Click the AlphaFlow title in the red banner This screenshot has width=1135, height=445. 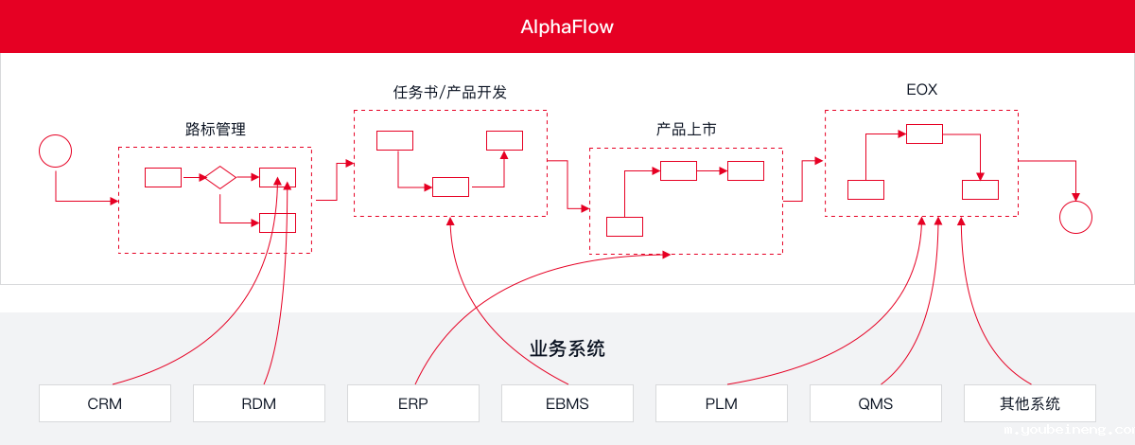click(567, 27)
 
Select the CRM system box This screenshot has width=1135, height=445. click(104, 403)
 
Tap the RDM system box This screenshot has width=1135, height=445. click(258, 403)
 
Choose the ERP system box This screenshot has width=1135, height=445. click(412, 403)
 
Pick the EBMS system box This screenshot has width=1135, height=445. click(567, 403)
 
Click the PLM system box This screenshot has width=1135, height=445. click(721, 403)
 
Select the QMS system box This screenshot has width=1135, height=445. click(875, 403)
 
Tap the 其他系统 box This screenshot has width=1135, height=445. click(1029, 403)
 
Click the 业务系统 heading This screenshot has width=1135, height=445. click(567, 348)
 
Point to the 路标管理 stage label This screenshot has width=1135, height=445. click(215, 129)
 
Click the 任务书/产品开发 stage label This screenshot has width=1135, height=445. click(450, 92)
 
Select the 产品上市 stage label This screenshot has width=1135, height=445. click(686, 129)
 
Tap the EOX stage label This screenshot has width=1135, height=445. click(921, 91)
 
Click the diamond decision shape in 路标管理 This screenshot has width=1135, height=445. click(220, 177)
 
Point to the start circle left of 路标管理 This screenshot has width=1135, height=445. click(55, 151)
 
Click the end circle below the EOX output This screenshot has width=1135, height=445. click(1075, 216)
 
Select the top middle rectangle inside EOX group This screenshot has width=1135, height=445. click(924, 133)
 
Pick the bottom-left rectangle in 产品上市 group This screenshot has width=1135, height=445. click(624, 226)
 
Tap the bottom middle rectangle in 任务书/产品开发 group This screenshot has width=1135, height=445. click(450, 187)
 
